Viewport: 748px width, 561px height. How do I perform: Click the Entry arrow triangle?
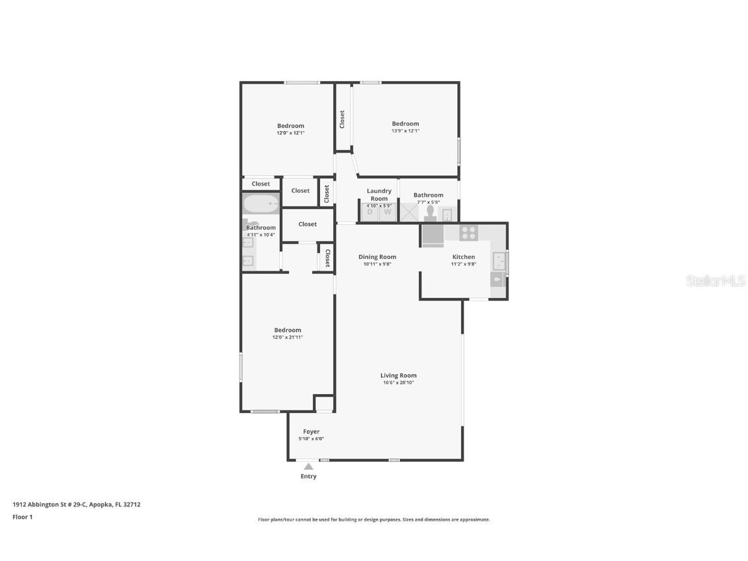tap(308, 467)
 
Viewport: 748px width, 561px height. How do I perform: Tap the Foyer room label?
tap(311, 432)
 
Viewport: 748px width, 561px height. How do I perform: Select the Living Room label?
tap(398, 375)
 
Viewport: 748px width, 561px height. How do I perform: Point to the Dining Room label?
tap(377, 256)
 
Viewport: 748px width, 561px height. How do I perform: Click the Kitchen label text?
tap(464, 256)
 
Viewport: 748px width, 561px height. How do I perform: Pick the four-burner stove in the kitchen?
tap(468, 233)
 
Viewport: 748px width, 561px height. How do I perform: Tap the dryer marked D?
tap(369, 212)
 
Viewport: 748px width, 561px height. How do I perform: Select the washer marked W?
tap(388, 212)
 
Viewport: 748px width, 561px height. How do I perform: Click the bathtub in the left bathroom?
tap(260, 204)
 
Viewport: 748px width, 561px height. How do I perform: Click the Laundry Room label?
tap(379, 195)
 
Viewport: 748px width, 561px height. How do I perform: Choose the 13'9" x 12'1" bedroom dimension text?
tap(405, 131)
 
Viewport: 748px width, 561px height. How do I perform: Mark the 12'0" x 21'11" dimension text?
tap(288, 337)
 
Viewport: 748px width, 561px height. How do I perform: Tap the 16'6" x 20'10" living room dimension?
tap(398, 382)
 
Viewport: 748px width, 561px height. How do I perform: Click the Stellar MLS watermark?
tap(716, 281)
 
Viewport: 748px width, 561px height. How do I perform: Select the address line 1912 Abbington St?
tap(77, 505)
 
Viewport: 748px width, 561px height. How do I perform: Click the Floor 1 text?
tap(23, 517)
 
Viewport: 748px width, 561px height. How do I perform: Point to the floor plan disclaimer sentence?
tap(374, 519)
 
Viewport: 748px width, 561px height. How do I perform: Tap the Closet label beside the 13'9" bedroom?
tap(342, 119)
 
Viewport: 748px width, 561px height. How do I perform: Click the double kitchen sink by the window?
tap(499, 261)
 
